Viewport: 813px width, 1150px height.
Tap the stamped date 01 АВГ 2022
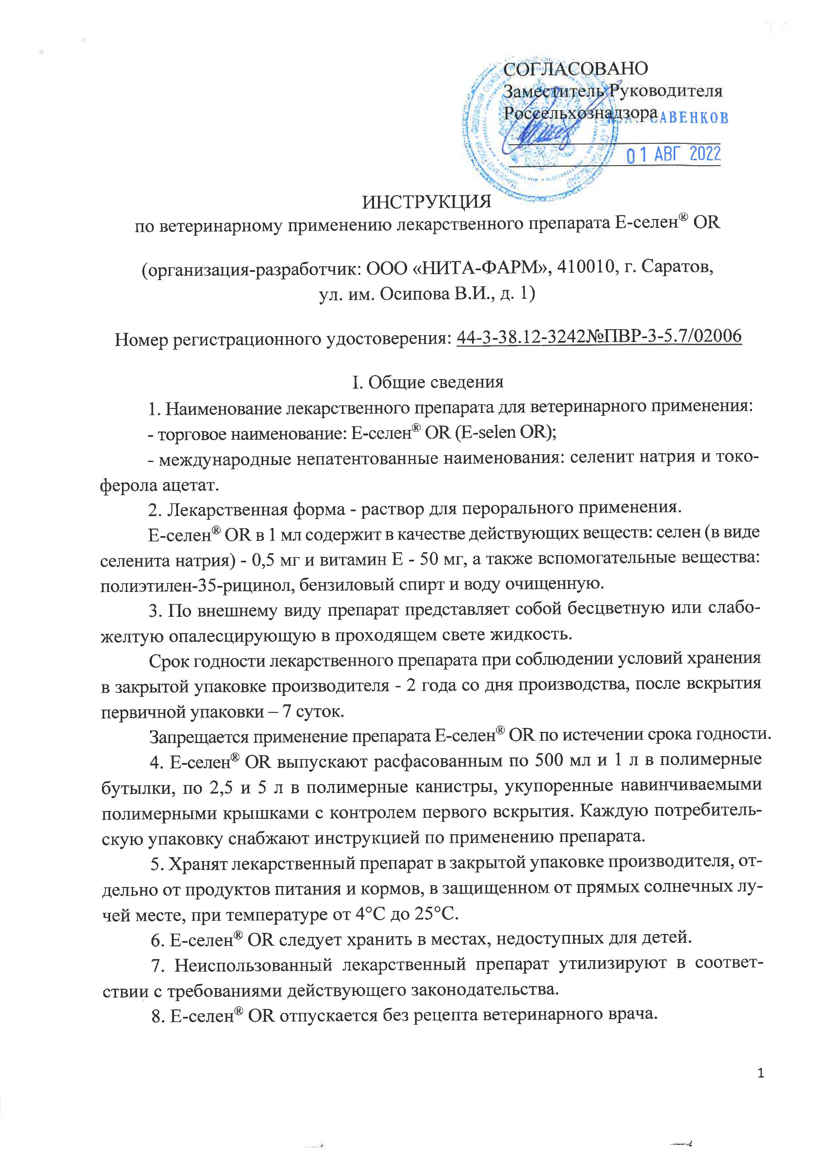tap(673, 154)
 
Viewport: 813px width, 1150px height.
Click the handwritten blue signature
tap(541, 133)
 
